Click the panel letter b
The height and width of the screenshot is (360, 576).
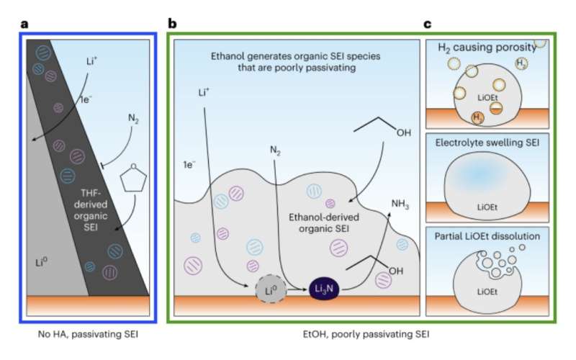(x=172, y=23)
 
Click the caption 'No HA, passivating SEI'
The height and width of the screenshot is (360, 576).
(x=88, y=335)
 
